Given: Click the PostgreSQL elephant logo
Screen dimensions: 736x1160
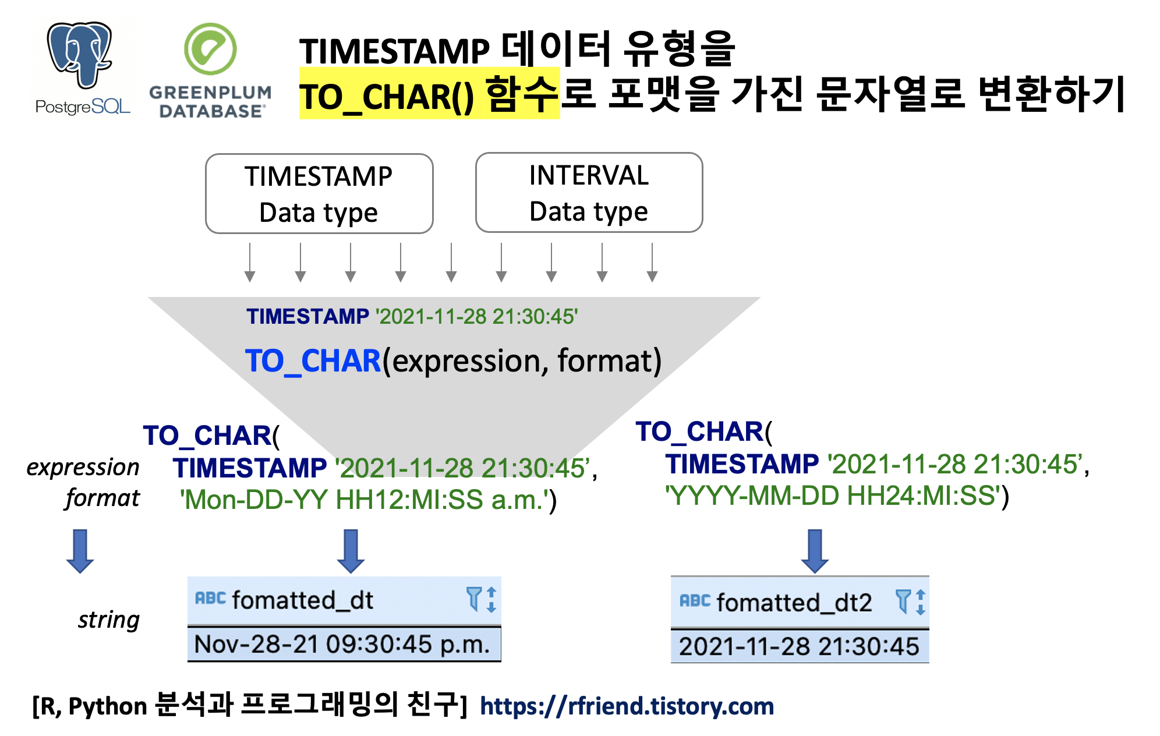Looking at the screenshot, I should pos(80,54).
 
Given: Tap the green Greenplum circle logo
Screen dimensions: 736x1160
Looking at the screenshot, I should pos(210,49).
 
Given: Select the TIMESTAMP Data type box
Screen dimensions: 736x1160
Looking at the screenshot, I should pos(319,194).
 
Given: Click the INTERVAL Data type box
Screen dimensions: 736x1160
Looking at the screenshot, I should pos(589,193).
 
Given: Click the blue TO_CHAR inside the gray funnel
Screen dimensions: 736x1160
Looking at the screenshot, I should pos(313,361).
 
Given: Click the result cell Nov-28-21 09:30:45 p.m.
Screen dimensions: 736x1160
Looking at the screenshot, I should pos(342,645).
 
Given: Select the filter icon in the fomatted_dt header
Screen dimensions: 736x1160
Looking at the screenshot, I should pos(473,599).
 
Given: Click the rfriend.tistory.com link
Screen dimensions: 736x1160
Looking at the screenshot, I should pos(627,706).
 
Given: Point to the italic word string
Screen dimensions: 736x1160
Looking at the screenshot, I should pos(109,620).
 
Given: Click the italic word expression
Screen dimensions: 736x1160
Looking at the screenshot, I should pos(83,468).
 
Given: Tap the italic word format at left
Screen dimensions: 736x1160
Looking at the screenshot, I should pos(102,498).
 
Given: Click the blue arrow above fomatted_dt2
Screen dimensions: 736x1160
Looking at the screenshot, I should pos(815,551).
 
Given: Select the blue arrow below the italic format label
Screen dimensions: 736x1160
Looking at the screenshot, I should pos(80,551).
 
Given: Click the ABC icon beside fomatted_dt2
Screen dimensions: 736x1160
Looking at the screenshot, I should pos(695,601).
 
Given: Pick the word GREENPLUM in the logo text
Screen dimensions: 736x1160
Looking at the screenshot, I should pos(210,93).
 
